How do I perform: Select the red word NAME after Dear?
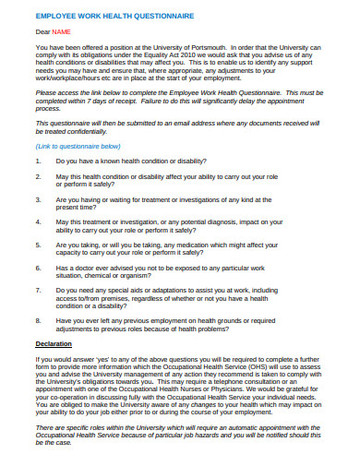pos(61,32)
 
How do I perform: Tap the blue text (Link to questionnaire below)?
pos(78,146)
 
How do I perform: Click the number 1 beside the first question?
pos(38,161)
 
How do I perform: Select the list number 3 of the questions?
pos(38,198)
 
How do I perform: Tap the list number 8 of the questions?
pos(38,320)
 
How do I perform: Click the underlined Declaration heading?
pos(53,343)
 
